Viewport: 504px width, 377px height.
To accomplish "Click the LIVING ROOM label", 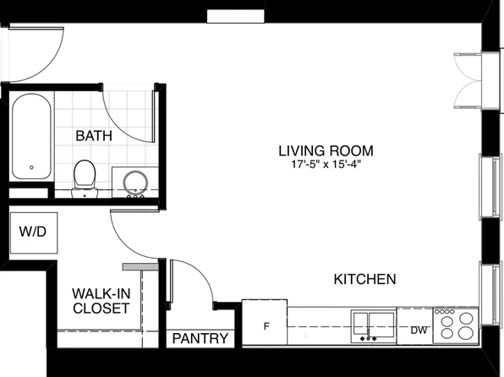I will click(326, 151).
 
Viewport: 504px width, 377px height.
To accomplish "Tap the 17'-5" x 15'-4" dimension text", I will click(326, 167).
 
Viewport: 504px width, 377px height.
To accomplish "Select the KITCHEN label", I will click(365, 279).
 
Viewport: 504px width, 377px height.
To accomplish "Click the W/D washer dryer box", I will click(33, 230).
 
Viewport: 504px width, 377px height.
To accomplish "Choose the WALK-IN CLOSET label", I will click(100, 301).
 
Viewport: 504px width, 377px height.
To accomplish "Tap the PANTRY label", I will click(200, 339).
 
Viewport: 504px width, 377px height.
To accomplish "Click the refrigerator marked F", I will click(265, 324).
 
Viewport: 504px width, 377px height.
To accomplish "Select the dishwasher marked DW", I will click(418, 331).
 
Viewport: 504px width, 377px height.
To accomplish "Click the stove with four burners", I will click(455, 325).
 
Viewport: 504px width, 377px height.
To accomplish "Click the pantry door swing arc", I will click(194, 283).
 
